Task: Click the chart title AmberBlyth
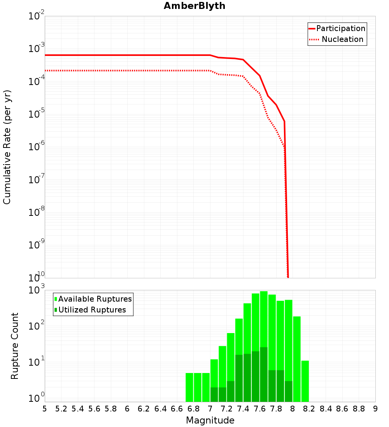point(194,6)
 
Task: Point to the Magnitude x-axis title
point(210,420)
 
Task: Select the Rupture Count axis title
point(15,345)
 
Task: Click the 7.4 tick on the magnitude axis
point(243,409)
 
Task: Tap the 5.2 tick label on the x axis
point(61,409)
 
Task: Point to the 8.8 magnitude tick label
point(359,409)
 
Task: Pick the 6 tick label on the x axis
point(127,409)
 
